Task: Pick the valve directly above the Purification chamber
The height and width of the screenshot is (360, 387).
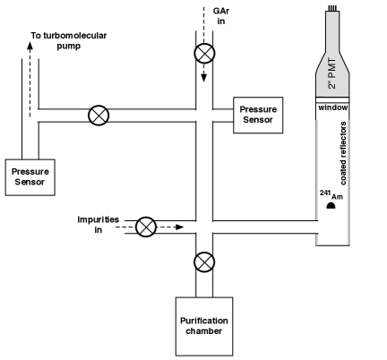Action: point(205,262)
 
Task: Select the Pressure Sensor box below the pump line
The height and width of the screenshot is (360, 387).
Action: point(28,176)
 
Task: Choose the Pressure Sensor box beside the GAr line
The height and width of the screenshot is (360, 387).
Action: point(257,116)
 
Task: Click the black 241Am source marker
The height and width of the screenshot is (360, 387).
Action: point(331,205)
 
